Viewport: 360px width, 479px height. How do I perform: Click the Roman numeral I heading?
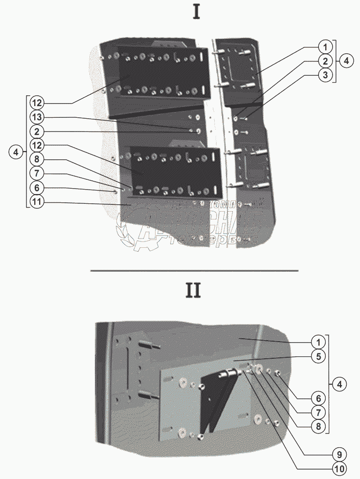196,12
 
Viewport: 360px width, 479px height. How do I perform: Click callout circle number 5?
318,356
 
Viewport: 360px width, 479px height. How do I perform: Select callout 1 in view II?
318,342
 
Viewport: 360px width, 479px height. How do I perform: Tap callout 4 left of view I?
16,152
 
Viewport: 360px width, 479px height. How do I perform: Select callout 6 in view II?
318,398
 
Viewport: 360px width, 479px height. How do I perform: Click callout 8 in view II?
318,426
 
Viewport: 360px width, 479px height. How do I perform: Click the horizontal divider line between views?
194,270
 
